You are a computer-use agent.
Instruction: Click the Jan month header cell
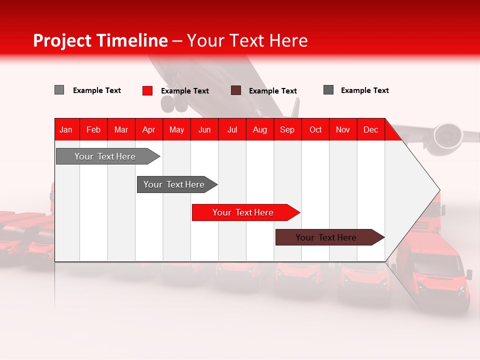[x=66, y=129]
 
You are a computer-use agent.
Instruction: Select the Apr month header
[x=149, y=129]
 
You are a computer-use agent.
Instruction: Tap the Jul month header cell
[x=232, y=129]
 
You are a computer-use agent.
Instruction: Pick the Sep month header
[x=287, y=129]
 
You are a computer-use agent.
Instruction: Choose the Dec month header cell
[x=370, y=129]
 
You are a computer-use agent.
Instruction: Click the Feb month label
[x=93, y=129]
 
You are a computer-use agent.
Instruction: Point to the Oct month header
[x=315, y=129]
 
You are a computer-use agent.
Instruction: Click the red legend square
[x=147, y=90]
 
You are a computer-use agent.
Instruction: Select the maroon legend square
[x=236, y=90]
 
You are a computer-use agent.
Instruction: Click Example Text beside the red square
[x=185, y=91]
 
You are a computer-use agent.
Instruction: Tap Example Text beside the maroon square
[x=273, y=91]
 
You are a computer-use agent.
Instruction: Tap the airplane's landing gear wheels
[x=173, y=103]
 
